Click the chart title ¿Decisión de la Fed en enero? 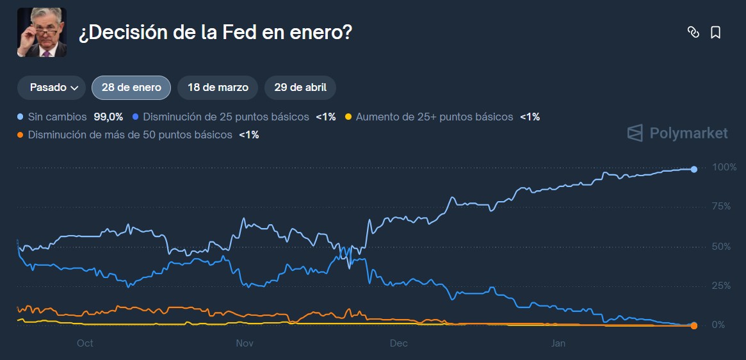click(215, 33)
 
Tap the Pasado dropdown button click(51, 88)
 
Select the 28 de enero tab click(131, 88)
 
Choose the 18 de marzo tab click(217, 88)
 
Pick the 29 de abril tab click(300, 88)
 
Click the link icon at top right click(693, 33)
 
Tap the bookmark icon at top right click(716, 33)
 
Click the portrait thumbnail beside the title click(42, 33)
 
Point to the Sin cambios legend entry click(57, 117)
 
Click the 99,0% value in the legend click(108, 117)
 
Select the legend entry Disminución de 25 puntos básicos click(226, 117)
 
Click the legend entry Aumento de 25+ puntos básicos click(434, 117)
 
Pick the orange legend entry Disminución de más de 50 click(130, 135)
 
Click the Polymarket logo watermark click(677, 133)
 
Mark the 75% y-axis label click(721, 206)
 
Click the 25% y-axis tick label click(721, 286)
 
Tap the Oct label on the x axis click(85, 343)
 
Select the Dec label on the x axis click(399, 343)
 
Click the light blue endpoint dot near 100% click(694, 169)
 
